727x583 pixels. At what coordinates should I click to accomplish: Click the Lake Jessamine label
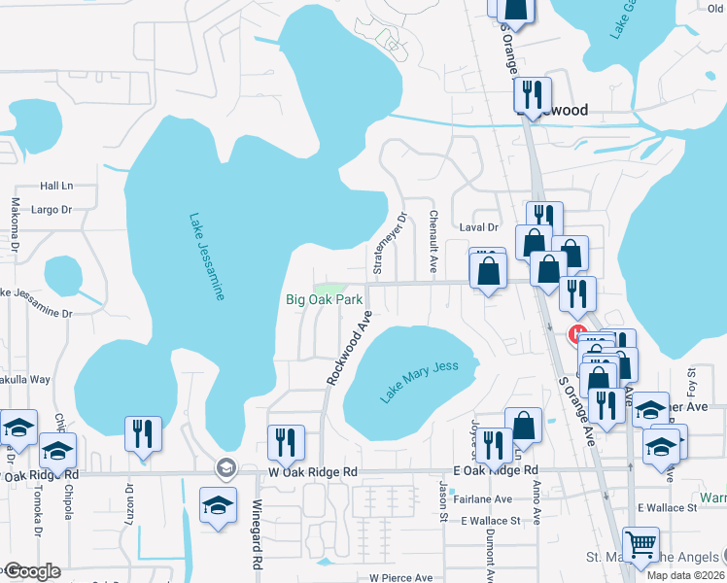pyautogui.click(x=206, y=257)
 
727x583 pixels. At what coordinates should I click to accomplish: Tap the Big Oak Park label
pyautogui.click(x=324, y=300)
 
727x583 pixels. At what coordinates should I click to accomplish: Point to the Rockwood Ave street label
pyautogui.click(x=350, y=347)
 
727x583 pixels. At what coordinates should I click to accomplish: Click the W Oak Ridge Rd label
pyautogui.click(x=313, y=472)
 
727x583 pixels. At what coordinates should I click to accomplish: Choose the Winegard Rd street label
pyautogui.click(x=258, y=533)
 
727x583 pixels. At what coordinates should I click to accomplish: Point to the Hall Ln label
pyautogui.click(x=56, y=186)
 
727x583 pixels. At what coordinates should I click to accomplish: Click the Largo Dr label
pyautogui.click(x=53, y=209)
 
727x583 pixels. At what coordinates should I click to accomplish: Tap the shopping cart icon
pyautogui.click(x=640, y=545)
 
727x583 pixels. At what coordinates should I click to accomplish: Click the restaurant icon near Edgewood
pyautogui.click(x=532, y=95)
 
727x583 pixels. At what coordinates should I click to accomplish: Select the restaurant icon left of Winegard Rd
pyautogui.click(x=144, y=433)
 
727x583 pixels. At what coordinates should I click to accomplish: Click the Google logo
pyautogui.click(x=31, y=571)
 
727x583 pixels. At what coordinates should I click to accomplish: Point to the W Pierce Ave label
pyautogui.click(x=400, y=577)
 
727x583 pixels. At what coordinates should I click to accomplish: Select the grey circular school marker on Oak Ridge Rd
pyautogui.click(x=226, y=468)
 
